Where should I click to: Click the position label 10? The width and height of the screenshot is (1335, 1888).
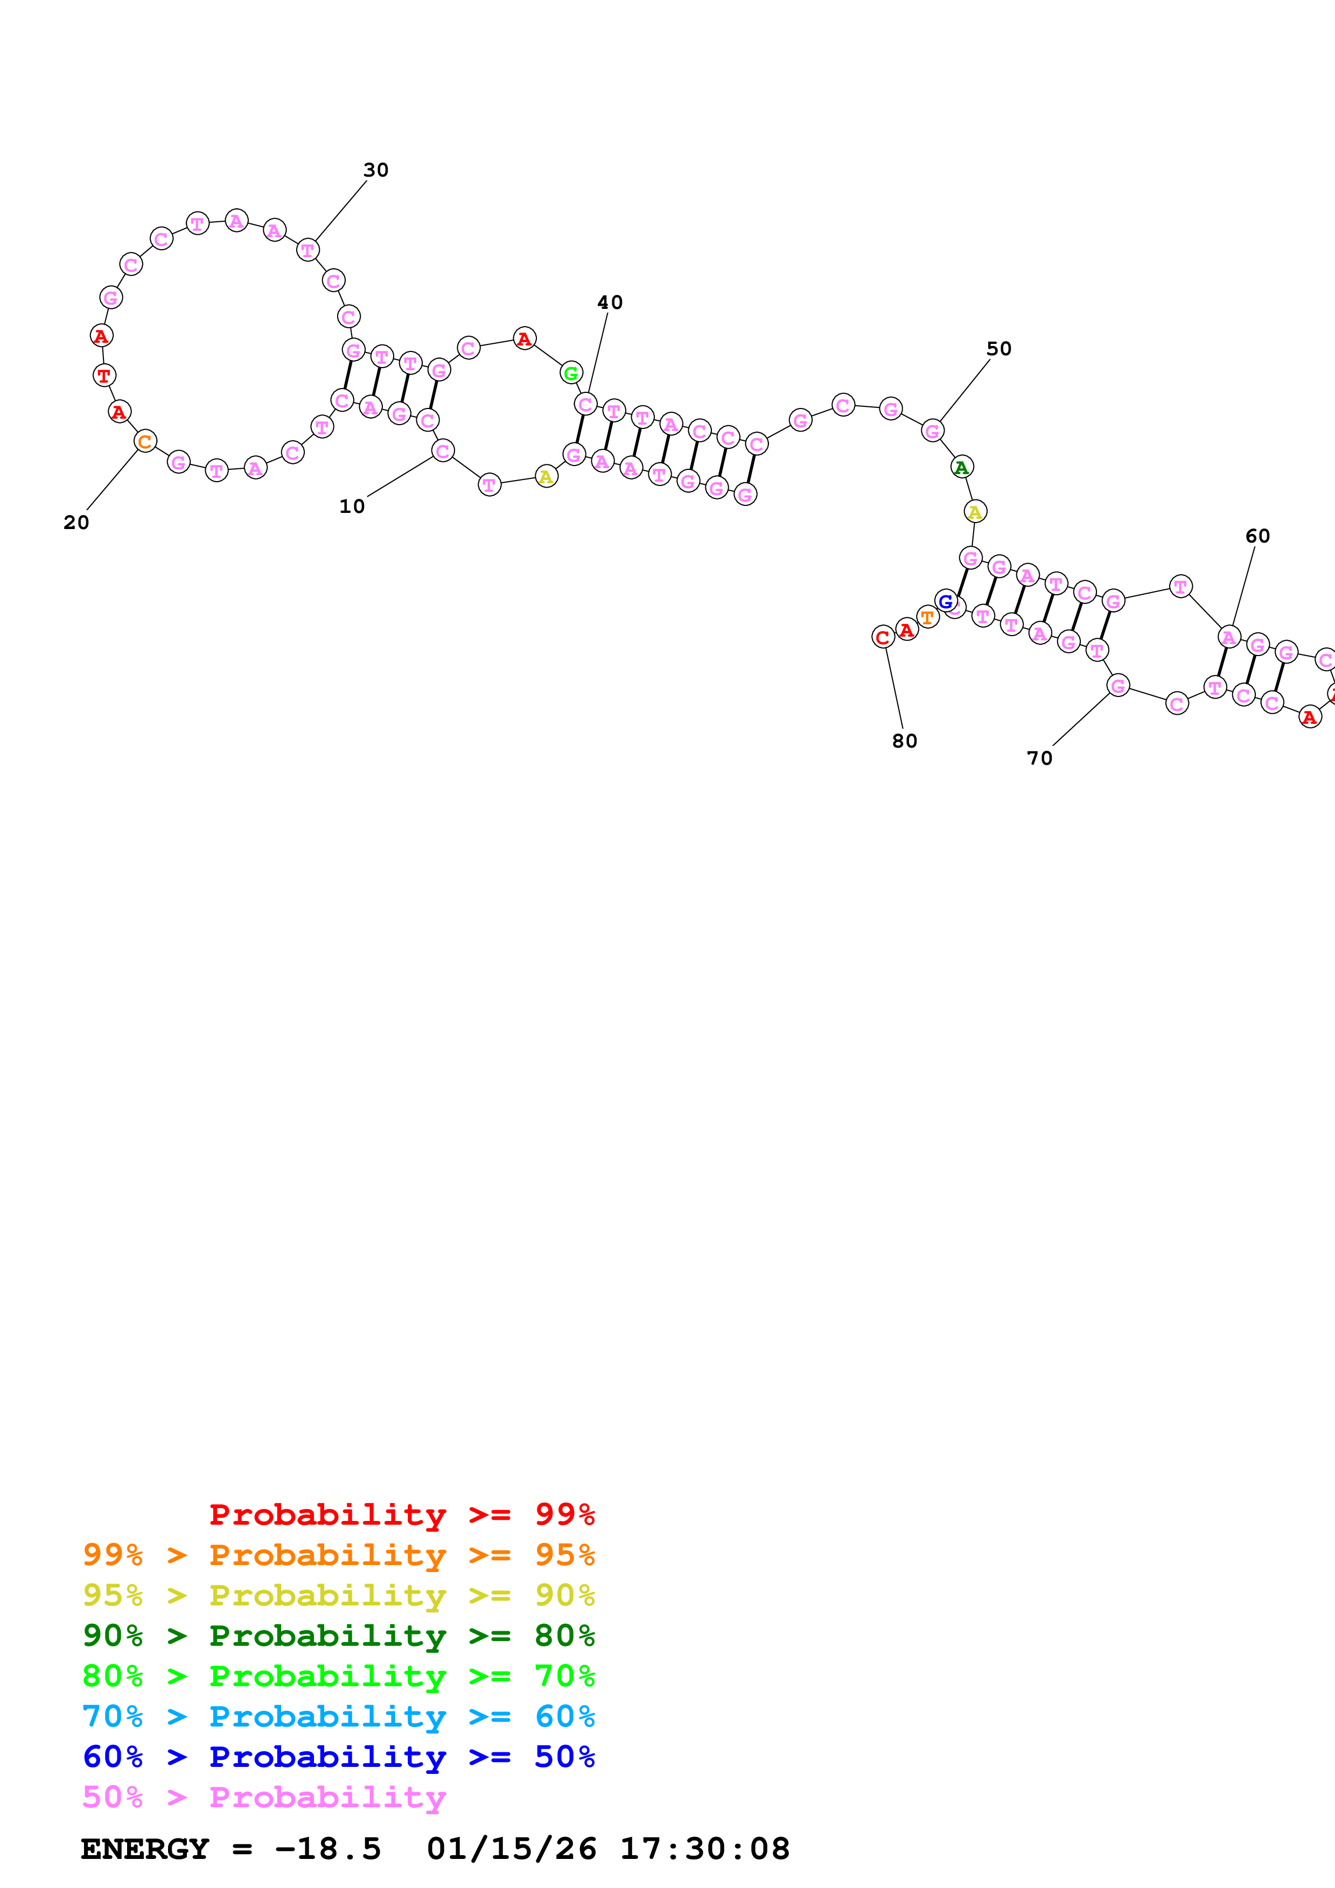click(352, 506)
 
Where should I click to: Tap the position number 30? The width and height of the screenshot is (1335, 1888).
click(376, 170)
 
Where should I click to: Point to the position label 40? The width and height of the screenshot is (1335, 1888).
click(610, 302)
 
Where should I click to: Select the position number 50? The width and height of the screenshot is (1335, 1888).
click(998, 349)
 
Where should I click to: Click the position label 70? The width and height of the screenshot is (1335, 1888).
click(1040, 758)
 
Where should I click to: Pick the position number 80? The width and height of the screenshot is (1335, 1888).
click(905, 741)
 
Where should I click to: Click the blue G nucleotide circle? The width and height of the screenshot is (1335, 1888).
click(946, 602)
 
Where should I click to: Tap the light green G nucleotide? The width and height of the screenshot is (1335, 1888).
click(571, 374)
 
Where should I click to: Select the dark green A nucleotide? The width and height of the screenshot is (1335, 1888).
click(962, 467)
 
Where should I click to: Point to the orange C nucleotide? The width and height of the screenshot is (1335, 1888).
click(145, 441)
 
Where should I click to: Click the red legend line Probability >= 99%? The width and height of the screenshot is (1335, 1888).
click(401, 1514)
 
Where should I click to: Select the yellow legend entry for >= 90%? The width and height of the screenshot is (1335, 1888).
click(338, 1595)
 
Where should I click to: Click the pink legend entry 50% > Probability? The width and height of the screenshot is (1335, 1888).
click(264, 1797)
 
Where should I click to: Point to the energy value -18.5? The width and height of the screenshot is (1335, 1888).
click(327, 1849)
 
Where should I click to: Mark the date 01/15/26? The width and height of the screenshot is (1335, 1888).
click(512, 1849)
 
